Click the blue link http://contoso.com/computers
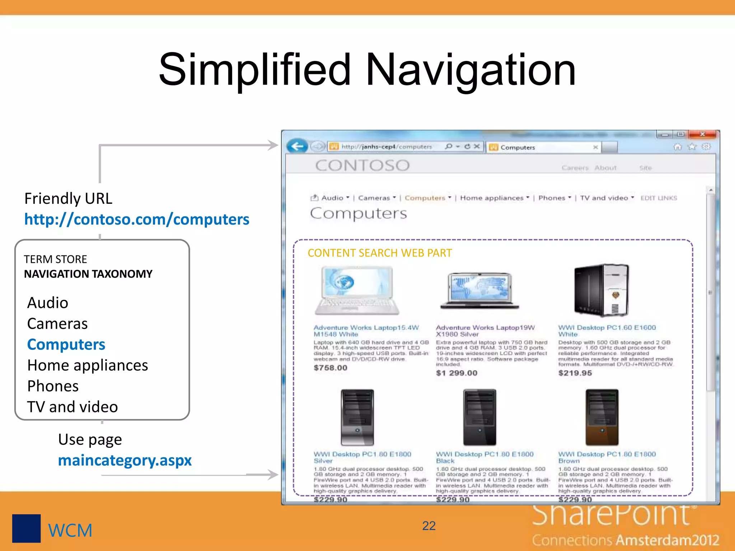tap(137, 219)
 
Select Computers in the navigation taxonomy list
tap(66, 344)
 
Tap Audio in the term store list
tap(48, 303)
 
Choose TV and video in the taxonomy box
tap(72, 407)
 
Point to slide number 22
tap(429, 526)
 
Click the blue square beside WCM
tap(26, 528)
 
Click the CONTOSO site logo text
tap(362, 165)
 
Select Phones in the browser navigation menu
tap(552, 198)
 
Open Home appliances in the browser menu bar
tap(492, 198)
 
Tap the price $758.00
tap(331, 368)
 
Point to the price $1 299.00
tap(457, 373)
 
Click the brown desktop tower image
tap(602, 417)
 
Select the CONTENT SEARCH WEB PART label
tap(380, 253)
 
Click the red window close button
tap(703, 134)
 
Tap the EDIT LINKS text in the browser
tap(659, 198)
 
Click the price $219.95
tap(575, 373)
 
